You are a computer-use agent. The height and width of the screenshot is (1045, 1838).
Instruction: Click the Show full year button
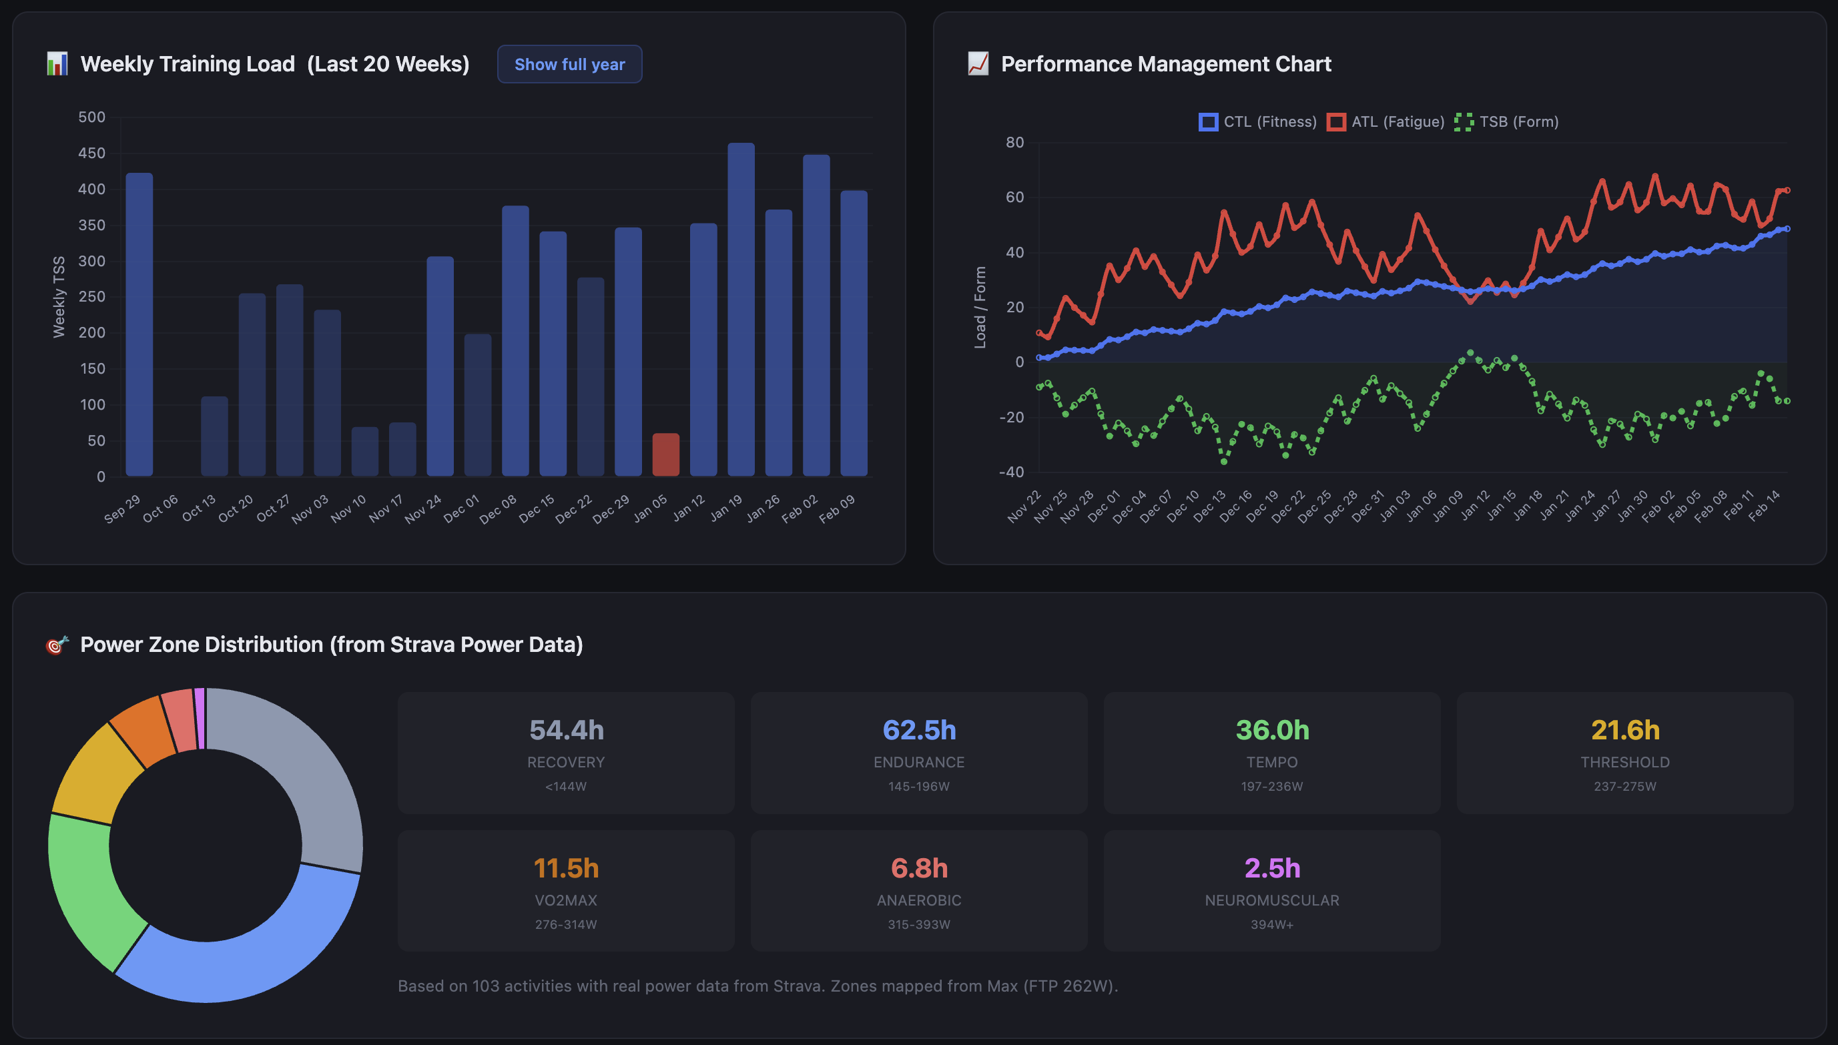coord(569,65)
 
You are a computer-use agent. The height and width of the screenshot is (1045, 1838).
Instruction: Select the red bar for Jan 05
coord(665,454)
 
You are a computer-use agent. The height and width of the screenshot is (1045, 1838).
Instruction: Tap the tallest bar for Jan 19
coord(741,308)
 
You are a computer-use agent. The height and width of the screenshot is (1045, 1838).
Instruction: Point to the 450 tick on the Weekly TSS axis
coord(92,153)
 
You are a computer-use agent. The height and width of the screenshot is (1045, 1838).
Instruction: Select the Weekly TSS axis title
coord(59,296)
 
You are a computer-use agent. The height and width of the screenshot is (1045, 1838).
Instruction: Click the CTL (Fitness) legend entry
coord(1258,122)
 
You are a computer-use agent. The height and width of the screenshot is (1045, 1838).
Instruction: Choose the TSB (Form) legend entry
coord(1506,122)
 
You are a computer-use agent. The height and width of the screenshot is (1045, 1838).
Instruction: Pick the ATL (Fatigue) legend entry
coord(1386,122)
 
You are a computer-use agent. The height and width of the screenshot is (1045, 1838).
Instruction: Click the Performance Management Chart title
coord(1165,65)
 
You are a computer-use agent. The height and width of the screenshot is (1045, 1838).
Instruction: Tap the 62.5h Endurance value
coord(918,730)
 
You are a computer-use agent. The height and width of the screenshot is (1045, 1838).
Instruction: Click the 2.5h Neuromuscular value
coord(1272,868)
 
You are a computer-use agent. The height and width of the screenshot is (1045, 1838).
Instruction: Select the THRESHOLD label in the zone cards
coord(1624,762)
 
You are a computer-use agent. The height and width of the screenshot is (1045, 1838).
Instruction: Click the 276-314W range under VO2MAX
coord(565,924)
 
